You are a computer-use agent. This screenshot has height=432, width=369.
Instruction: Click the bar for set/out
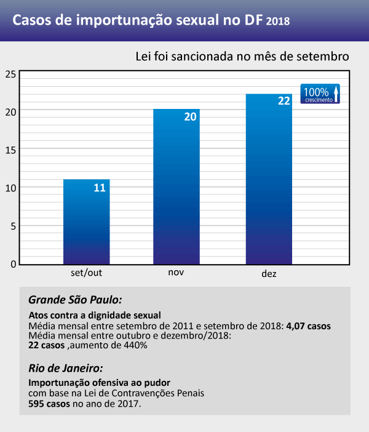[x=87, y=222]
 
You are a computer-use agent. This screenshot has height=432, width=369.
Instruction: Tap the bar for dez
[x=268, y=178]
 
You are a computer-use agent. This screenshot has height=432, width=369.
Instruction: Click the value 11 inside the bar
[x=100, y=188]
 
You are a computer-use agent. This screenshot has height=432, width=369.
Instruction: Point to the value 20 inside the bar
[x=190, y=117]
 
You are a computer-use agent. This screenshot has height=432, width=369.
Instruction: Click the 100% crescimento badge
[x=320, y=93]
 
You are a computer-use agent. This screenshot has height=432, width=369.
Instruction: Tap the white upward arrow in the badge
[x=336, y=93]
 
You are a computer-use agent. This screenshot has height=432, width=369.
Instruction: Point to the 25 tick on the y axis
[x=10, y=74]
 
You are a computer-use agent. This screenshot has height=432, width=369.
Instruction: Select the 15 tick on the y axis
[x=10, y=149]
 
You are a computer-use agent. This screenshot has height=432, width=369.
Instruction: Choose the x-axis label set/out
[x=87, y=272]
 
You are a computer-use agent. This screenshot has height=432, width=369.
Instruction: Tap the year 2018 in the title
[x=279, y=22]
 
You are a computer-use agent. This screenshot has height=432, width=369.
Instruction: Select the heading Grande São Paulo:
[x=76, y=300]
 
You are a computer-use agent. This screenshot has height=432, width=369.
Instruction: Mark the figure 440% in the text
[x=135, y=346]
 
